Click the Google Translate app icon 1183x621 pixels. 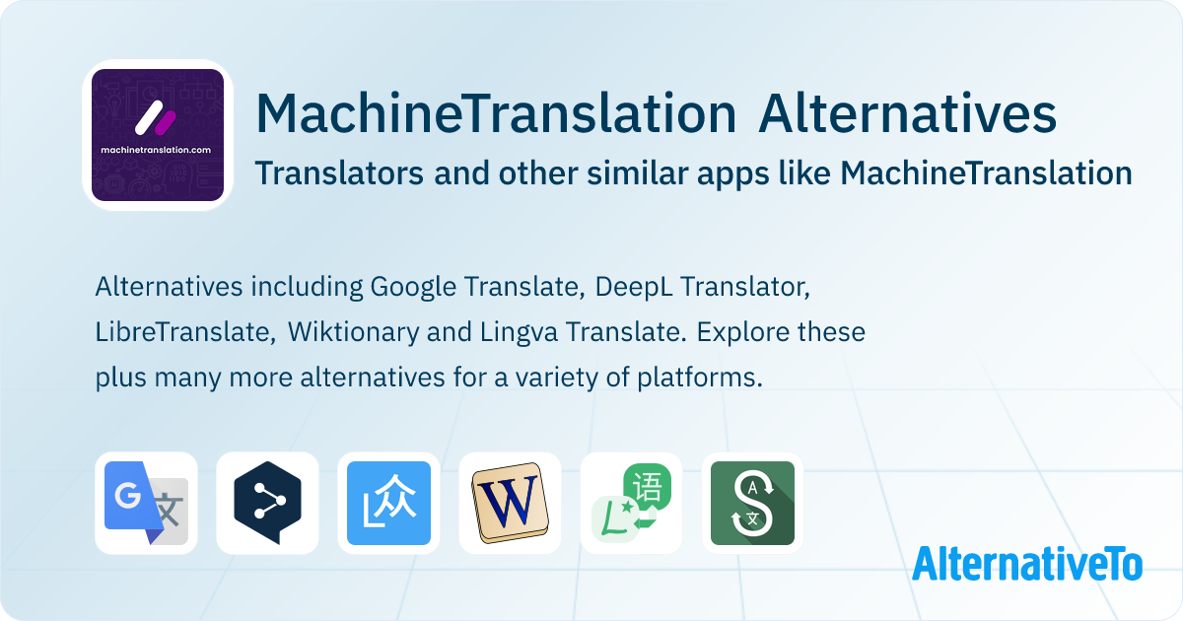[146, 503]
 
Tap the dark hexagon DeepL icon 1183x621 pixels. [267, 503]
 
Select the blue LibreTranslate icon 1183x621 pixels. [388, 503]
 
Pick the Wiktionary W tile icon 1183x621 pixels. [511, 503]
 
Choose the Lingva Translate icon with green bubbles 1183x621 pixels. [632, 503]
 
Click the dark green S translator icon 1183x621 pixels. [752, 503]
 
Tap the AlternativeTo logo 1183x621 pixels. [1027, 564]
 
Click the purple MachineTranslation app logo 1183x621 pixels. [158, 135]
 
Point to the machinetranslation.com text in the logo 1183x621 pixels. [156, 150]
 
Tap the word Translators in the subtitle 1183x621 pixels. [339, 173]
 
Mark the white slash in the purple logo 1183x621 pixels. [149, 117]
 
